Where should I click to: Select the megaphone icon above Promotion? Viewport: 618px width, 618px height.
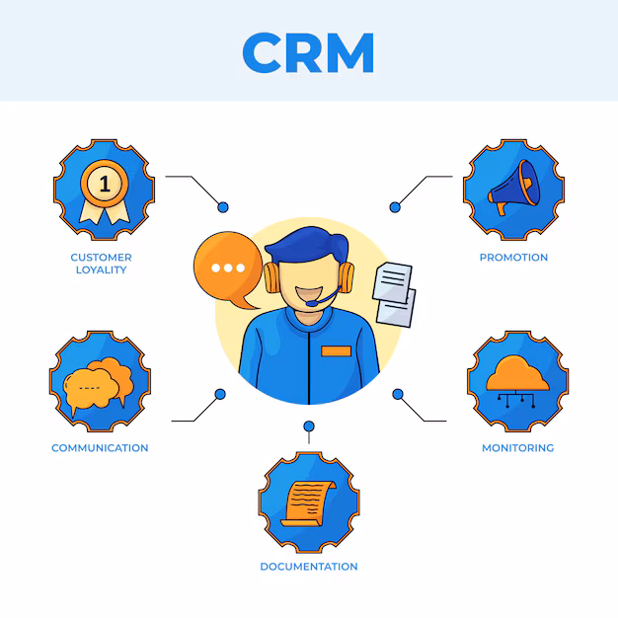[x=513, y=190]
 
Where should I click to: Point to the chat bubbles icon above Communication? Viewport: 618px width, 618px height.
[x=99, y=383]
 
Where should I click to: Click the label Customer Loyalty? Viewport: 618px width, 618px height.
[x=101, y=264]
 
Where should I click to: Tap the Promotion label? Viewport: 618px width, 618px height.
[x=513, y=258]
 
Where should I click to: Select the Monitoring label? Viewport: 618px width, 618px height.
[x=517, y=448]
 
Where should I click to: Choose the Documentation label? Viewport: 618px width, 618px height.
[x=309, y=567]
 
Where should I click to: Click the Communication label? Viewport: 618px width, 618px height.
[x=100, y=448]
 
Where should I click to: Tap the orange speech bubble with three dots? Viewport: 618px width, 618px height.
[x=228, y=268]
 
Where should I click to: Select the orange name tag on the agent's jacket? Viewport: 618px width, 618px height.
[x=336, y=351]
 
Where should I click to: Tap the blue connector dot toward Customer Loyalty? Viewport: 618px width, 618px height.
[x=223, y=206]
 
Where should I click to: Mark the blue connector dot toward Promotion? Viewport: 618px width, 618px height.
[x=395, y=206]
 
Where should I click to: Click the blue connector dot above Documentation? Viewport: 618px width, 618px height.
[x=309, y=426]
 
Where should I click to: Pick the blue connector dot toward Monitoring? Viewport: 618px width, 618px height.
[x=398, y=394]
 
